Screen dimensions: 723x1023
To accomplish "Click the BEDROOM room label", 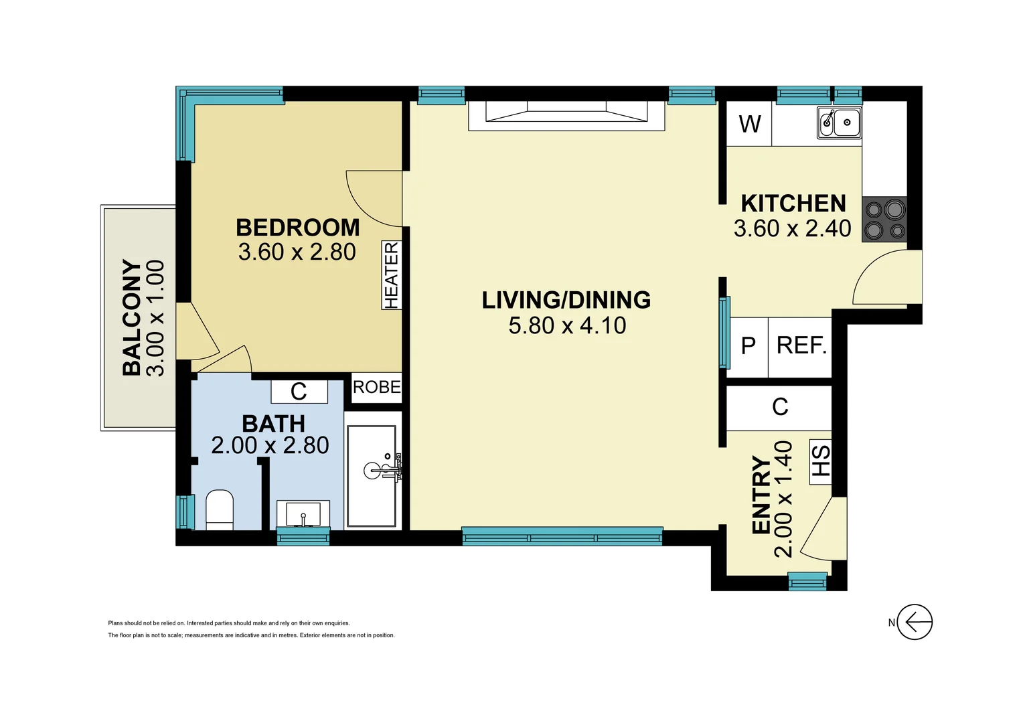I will tap(298, 228).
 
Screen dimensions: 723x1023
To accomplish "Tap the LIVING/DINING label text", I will tap(566, 300).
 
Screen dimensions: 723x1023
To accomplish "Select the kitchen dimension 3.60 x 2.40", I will tap(792, 228).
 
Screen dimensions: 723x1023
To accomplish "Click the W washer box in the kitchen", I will tap(750, 124).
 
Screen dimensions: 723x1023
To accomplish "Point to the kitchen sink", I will tap(839, 123).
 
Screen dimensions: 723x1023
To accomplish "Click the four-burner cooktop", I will tap(884, 220).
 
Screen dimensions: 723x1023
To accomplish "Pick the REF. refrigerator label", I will tap(801, 345).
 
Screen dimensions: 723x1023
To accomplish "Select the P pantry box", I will tap(749, 345).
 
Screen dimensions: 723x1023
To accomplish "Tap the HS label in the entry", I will tap(821, 461).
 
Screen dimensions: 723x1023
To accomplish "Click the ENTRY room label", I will tap(761, 495).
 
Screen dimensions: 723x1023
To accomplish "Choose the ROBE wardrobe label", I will tap(376, 387).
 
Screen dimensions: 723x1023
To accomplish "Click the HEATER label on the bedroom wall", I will tap(392, 275).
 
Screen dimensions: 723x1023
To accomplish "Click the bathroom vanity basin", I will tap(303, 514).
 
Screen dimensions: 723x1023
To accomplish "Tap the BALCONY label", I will tap(132, 318).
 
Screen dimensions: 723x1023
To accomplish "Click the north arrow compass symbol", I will tap(914, 623).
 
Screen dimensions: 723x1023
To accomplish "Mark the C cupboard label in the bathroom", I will tap(299, 392).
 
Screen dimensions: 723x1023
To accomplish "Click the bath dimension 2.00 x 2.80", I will tap(270, 445).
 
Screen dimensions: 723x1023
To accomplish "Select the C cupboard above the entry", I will tap(780, 407).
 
